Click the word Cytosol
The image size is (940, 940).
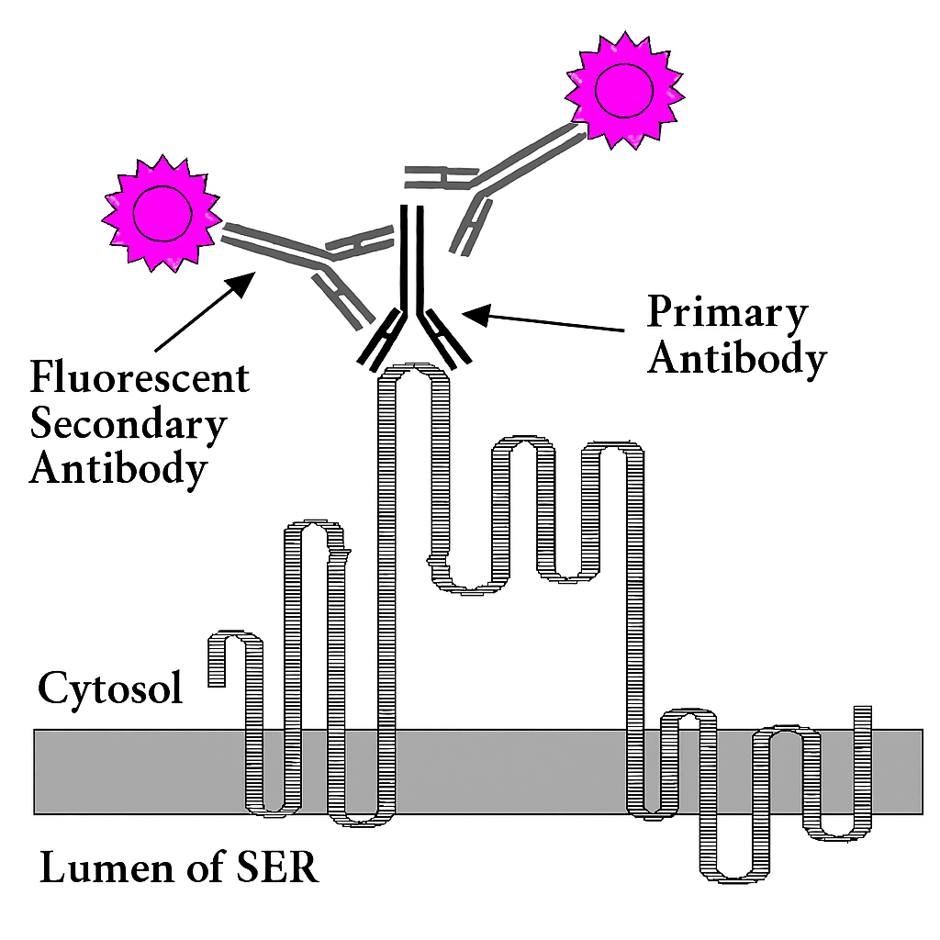pos(109,688)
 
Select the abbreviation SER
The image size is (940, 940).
pos(274,867)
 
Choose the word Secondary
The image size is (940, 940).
pos(128,424)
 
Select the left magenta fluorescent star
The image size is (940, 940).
pos(162,214)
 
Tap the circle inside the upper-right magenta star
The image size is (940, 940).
pos(624,90)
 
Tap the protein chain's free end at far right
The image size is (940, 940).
pos(863,716)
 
